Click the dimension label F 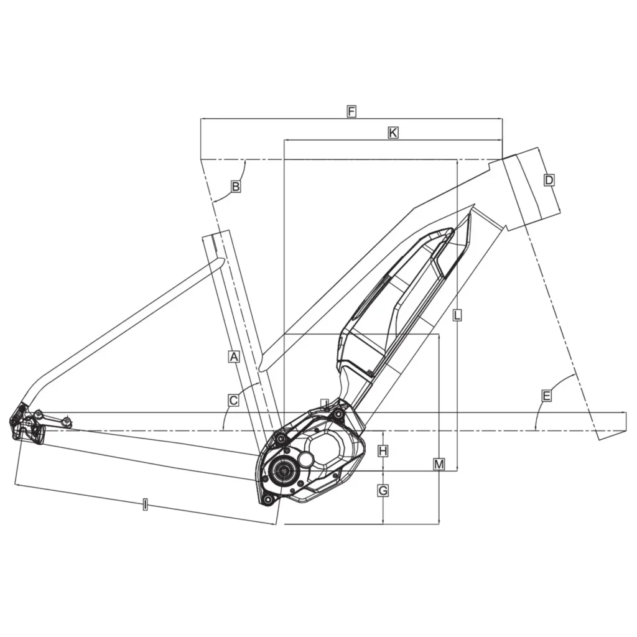[351, 111]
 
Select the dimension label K [393, 133]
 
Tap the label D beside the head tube [549, 180]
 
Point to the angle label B [235, 187]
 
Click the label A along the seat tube [234, 356]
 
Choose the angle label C [234, 401]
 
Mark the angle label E [546, 396]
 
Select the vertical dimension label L [457, 315]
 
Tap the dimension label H [383, 451]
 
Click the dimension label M [439, 464]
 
